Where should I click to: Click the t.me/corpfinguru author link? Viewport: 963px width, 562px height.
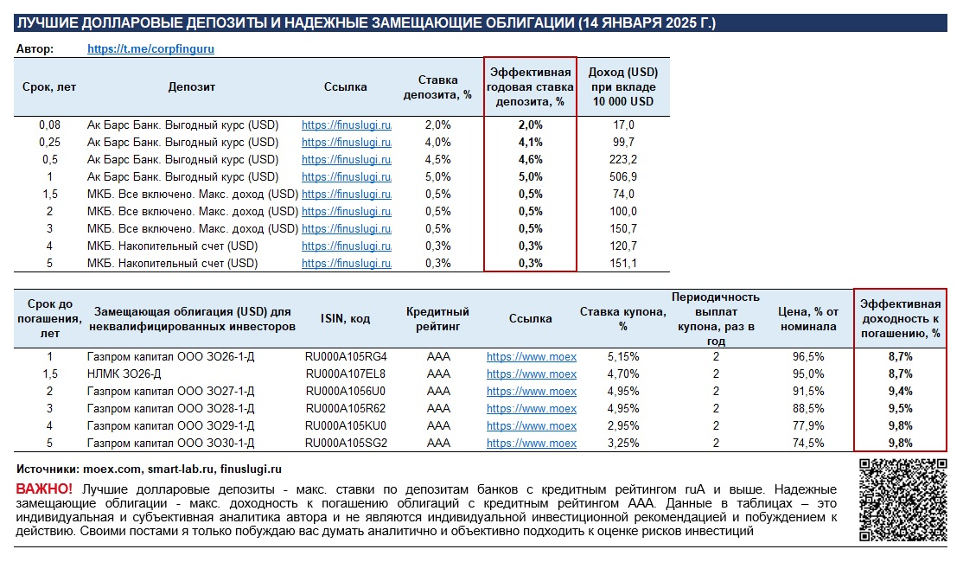point(150,48)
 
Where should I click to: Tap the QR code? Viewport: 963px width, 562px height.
point(902,500)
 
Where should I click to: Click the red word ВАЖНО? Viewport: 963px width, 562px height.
point(44,489)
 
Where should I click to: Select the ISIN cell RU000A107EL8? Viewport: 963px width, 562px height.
point(346,374)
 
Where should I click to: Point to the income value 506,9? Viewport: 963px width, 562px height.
point(623,177)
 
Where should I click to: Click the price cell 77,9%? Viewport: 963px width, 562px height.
point(808,425)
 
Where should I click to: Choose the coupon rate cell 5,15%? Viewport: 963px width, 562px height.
point(623,356)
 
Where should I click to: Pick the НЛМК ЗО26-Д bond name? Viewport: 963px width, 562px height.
point(124,374)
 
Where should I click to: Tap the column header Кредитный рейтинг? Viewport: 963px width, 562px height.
point(438,319)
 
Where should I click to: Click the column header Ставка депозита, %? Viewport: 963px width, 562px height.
point(438,87)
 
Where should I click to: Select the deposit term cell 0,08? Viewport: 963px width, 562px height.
point(50,125)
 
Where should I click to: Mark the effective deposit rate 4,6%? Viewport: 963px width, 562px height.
point(531,160)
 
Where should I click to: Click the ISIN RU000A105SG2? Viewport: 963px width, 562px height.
point(347,443)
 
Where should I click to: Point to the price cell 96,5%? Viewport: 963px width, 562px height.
point(808,356)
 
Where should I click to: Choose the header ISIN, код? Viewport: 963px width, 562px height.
point(346,319)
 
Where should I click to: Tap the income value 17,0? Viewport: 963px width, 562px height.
point(623,125)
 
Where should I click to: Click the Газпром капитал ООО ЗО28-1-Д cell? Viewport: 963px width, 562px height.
point(171,408)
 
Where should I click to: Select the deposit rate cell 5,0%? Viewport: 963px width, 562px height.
point(438,177)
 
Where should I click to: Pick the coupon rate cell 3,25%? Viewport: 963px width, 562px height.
point(623,443)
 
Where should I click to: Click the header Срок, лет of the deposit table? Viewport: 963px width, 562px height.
point(49,86)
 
